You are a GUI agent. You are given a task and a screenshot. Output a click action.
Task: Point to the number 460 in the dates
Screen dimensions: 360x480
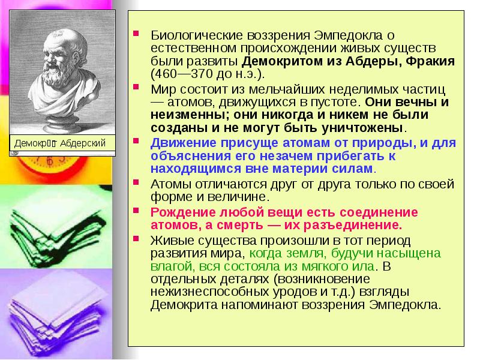click(x=165, y=74)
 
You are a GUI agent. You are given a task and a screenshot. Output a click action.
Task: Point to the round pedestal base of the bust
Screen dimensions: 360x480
click(x=62, y=123)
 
